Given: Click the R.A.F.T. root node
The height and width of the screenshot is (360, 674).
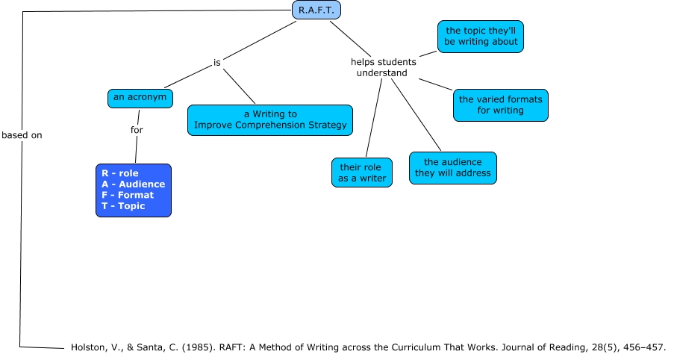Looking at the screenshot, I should [x=316, y=10].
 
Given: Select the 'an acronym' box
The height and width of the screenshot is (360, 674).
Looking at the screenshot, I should [x=141, y=97].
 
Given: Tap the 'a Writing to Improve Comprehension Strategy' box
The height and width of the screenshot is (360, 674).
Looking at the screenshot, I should [x=270, y=120].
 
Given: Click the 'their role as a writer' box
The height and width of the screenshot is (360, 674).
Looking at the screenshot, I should [x=362, y=172].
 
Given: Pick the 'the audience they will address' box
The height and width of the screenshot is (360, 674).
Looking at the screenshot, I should [x=453, y=167].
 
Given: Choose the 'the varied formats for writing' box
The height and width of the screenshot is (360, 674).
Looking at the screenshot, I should [x=501, y=105].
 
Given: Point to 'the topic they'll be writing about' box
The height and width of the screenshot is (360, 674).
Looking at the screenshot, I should [x=481, y=36].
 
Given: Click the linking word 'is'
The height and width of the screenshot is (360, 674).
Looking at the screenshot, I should [x=217, y=63].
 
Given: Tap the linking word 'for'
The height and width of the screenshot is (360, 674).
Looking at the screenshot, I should [x=137, y=130].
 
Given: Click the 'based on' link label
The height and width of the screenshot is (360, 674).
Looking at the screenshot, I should [x=22, y=135].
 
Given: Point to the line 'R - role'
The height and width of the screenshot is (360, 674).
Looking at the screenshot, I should [x=120, y=173].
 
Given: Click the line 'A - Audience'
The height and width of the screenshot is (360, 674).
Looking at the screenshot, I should [x=134, y=184].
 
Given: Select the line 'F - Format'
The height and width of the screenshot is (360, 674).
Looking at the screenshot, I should [x=128, y=195].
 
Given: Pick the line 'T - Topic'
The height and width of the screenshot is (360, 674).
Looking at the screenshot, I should [x=124, y=206].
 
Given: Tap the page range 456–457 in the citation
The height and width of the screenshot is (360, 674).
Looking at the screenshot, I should [x=644, y=347].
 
